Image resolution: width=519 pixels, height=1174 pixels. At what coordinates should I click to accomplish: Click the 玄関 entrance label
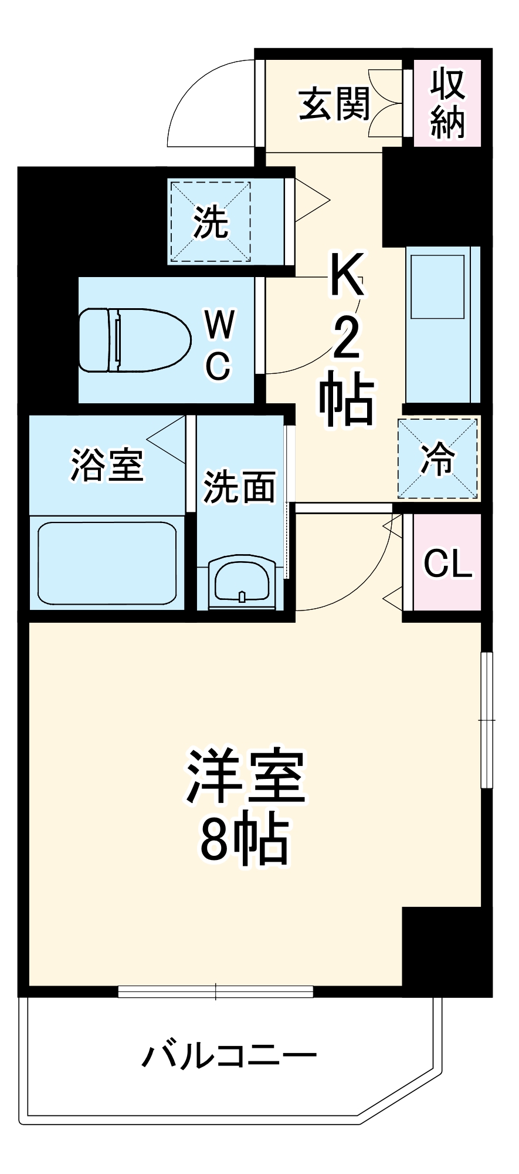click(334, 104)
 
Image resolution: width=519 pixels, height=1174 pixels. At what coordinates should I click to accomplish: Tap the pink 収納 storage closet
click(447, 103)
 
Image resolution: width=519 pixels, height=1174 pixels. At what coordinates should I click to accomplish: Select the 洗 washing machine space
click(211, 222)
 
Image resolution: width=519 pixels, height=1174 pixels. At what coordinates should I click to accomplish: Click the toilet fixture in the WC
click(135, 340)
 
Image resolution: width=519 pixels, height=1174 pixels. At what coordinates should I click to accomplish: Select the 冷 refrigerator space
click(438, 458)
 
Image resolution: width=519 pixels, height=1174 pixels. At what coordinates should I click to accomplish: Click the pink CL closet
click(447, 564)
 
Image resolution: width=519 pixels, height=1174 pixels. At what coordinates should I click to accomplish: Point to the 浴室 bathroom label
click(107, 465)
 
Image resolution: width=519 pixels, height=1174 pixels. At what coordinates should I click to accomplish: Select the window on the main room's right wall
click(487, 720)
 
